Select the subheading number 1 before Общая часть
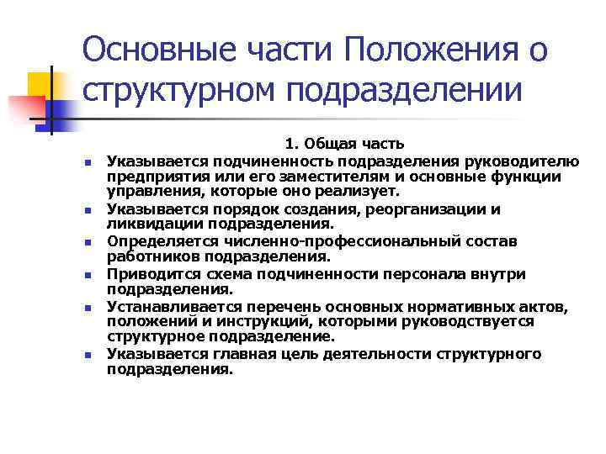(290, 145)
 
